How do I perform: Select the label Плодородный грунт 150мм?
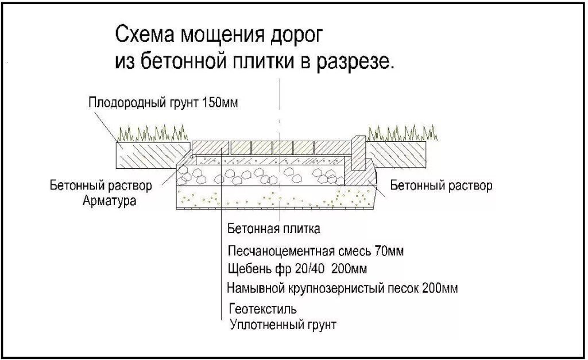[x=163, y=103]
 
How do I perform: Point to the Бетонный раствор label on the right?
[x=440, y=186]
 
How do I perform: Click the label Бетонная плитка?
[x=273, y=229]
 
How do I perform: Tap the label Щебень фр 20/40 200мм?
[x=297, y=269]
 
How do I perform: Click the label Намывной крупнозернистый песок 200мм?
[x=342, y=287]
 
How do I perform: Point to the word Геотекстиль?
[x=262, y=309]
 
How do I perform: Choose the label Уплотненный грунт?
[x=283, y=325]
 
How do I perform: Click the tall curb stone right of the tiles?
[x=358, y=152]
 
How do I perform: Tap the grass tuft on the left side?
[x=152, y=134]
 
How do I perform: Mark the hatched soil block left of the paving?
[x=152, y=154]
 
